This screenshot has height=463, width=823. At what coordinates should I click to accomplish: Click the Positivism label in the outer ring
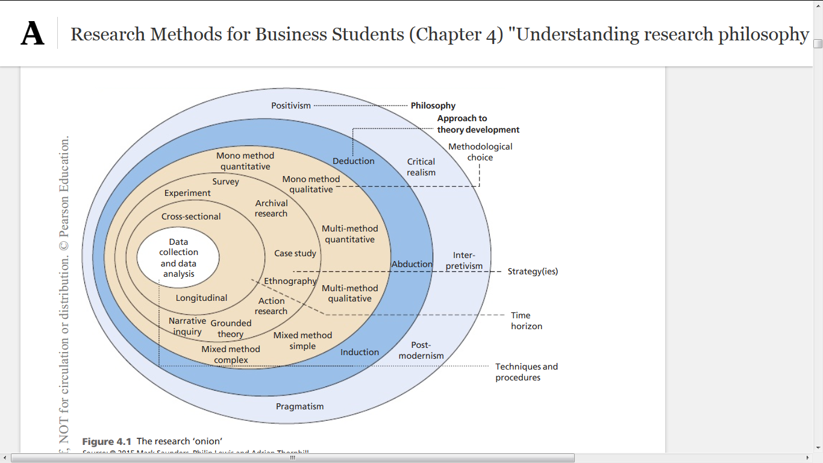pyautogui.click(x=291, y=106)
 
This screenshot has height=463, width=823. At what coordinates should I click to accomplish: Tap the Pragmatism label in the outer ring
pyautogui.click(x=299, y=406)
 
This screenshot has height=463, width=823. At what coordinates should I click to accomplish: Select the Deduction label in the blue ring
pyautogui.click(x=354, y=161)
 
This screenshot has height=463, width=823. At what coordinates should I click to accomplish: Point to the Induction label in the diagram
pyautogui.click(x=360, y=352)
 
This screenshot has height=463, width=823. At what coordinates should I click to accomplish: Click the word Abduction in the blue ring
pyautogui.click(x=412, y=264)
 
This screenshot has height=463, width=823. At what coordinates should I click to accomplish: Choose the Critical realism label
pyautogui.click(x=421, y=167)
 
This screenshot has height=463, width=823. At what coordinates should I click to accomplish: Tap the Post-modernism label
pyautogui.click(x=421, y=350)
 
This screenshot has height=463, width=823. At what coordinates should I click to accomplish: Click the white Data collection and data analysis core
pyautogui.click(x=178, y=258)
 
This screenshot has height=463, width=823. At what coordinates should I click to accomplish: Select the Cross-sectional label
pyautogui.click(x=191, y=216)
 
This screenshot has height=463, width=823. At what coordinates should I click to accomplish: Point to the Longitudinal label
pyautogui.click(x=201, y=298)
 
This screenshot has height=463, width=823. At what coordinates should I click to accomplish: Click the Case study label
pyautogui.click(x=295, y=253)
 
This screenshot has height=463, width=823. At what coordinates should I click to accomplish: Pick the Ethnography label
pyautogui.click(x=290, y=281)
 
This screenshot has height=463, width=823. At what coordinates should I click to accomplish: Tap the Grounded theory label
pyautogui.click(x=231, y=329)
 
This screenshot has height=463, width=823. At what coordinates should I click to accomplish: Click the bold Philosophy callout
pyautogui.click(x=433, y=106)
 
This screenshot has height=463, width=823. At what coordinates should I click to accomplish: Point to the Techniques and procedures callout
pyautogui.click(x=527, y=372)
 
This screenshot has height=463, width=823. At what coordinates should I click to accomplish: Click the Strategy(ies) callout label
pyautogui.click(x=533, y=271)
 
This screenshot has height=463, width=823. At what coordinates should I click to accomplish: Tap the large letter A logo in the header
pyautogui.click(x=33, y=34)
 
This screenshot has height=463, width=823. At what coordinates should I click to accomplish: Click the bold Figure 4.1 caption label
pyautogui.click(x=107, y=441)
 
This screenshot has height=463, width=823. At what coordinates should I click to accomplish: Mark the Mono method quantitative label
pyautogui.click(x=245, y=161)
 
